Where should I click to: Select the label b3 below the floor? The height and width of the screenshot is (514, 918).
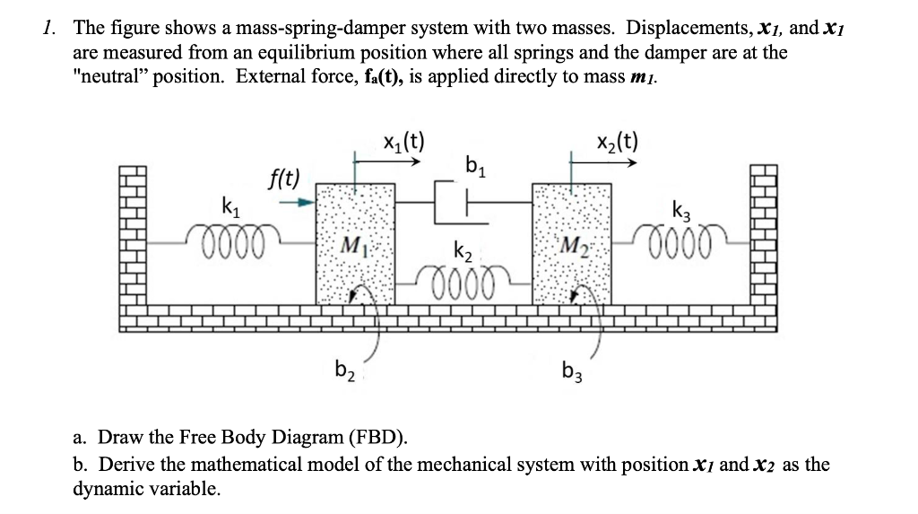tap(571, 369)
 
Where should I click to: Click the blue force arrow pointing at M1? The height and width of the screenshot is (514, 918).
tap(296, 203)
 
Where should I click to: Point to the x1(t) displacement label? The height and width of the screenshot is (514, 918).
tap(403, 141)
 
